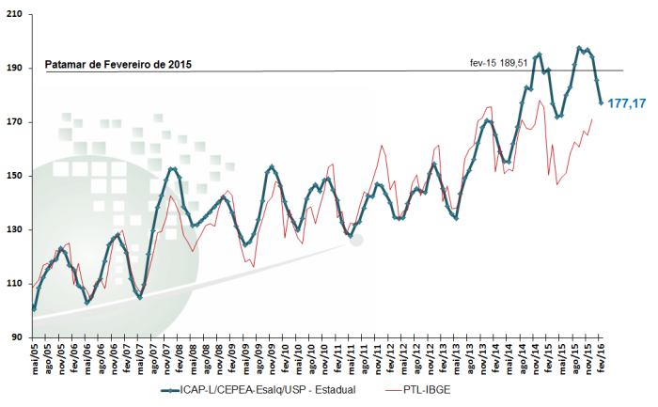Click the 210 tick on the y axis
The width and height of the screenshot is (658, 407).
17,15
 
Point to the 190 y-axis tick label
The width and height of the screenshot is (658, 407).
17,69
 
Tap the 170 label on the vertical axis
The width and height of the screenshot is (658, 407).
17,122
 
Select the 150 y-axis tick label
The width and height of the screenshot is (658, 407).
17,176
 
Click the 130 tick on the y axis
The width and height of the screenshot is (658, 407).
17,229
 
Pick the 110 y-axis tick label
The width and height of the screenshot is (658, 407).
17,283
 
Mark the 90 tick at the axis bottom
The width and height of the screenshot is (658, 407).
20,337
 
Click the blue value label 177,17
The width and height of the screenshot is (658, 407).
627,103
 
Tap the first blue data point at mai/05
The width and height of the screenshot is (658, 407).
34,307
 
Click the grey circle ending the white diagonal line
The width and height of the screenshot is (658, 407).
356,241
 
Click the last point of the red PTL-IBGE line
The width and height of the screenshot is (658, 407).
591,119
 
